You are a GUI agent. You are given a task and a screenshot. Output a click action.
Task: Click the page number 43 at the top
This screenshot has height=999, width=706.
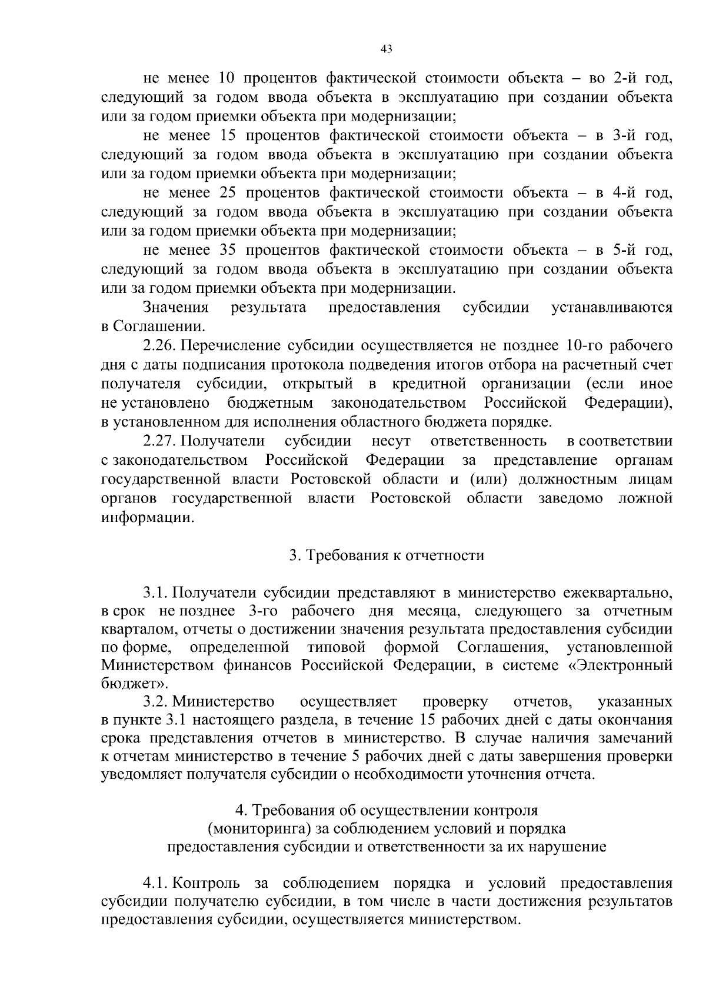[x=387, y=49]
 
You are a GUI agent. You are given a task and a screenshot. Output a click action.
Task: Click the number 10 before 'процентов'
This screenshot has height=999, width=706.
[x=227, y=78]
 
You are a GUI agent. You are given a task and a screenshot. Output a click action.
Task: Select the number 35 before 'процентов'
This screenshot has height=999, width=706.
[x=227, y=251]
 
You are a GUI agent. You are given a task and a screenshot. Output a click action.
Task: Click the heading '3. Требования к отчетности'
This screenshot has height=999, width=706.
[x=387, y=555]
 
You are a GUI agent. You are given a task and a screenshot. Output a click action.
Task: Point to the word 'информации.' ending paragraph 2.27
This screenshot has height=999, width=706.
[x=148, y=518]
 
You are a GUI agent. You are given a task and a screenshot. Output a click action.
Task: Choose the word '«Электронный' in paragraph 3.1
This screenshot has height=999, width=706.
[x=623, y=665]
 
